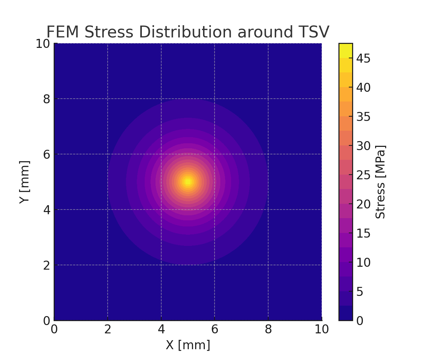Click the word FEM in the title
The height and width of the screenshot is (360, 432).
(x=63, y=32)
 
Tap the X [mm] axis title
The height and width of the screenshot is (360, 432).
(x=188, y=345)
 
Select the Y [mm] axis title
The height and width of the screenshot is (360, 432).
(x=24, y=182)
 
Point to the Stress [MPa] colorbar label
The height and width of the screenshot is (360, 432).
(x=381, y=182)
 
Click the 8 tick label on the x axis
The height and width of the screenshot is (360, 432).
(x=268, y=329)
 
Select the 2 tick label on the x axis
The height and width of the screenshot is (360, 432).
(x=108, y=329)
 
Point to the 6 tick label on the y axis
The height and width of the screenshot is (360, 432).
(x=47, y=154)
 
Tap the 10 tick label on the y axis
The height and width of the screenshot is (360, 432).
(x=42, y=44)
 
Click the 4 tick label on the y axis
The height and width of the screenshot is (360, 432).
(x=47, y=210)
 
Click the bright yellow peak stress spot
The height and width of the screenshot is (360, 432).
(x=188, y=182)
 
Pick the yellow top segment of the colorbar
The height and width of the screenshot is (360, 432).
(x=346, y=50)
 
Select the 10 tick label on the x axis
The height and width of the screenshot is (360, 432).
(x=322, y=329)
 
